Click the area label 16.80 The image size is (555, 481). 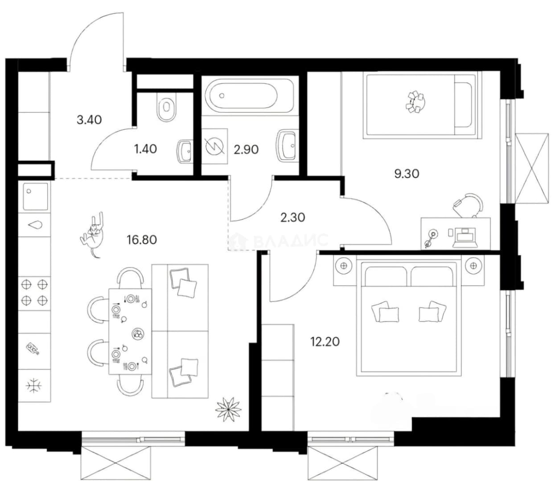click(x=142, y=240)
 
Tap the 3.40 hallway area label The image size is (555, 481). click(x=89, y=119)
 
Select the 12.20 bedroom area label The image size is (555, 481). click(x=325, y=342)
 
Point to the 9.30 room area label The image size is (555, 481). click(x=407, y=174)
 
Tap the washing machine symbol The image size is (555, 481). click(x=214, y=146)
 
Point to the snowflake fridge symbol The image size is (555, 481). click(x=34, y=385)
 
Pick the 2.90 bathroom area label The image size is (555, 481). click(x=247, y=150)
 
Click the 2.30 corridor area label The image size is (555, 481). click(x=293, y=217)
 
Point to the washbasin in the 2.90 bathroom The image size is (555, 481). click(x=287, y=146)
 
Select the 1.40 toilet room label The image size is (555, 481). click(x=145, y=149)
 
